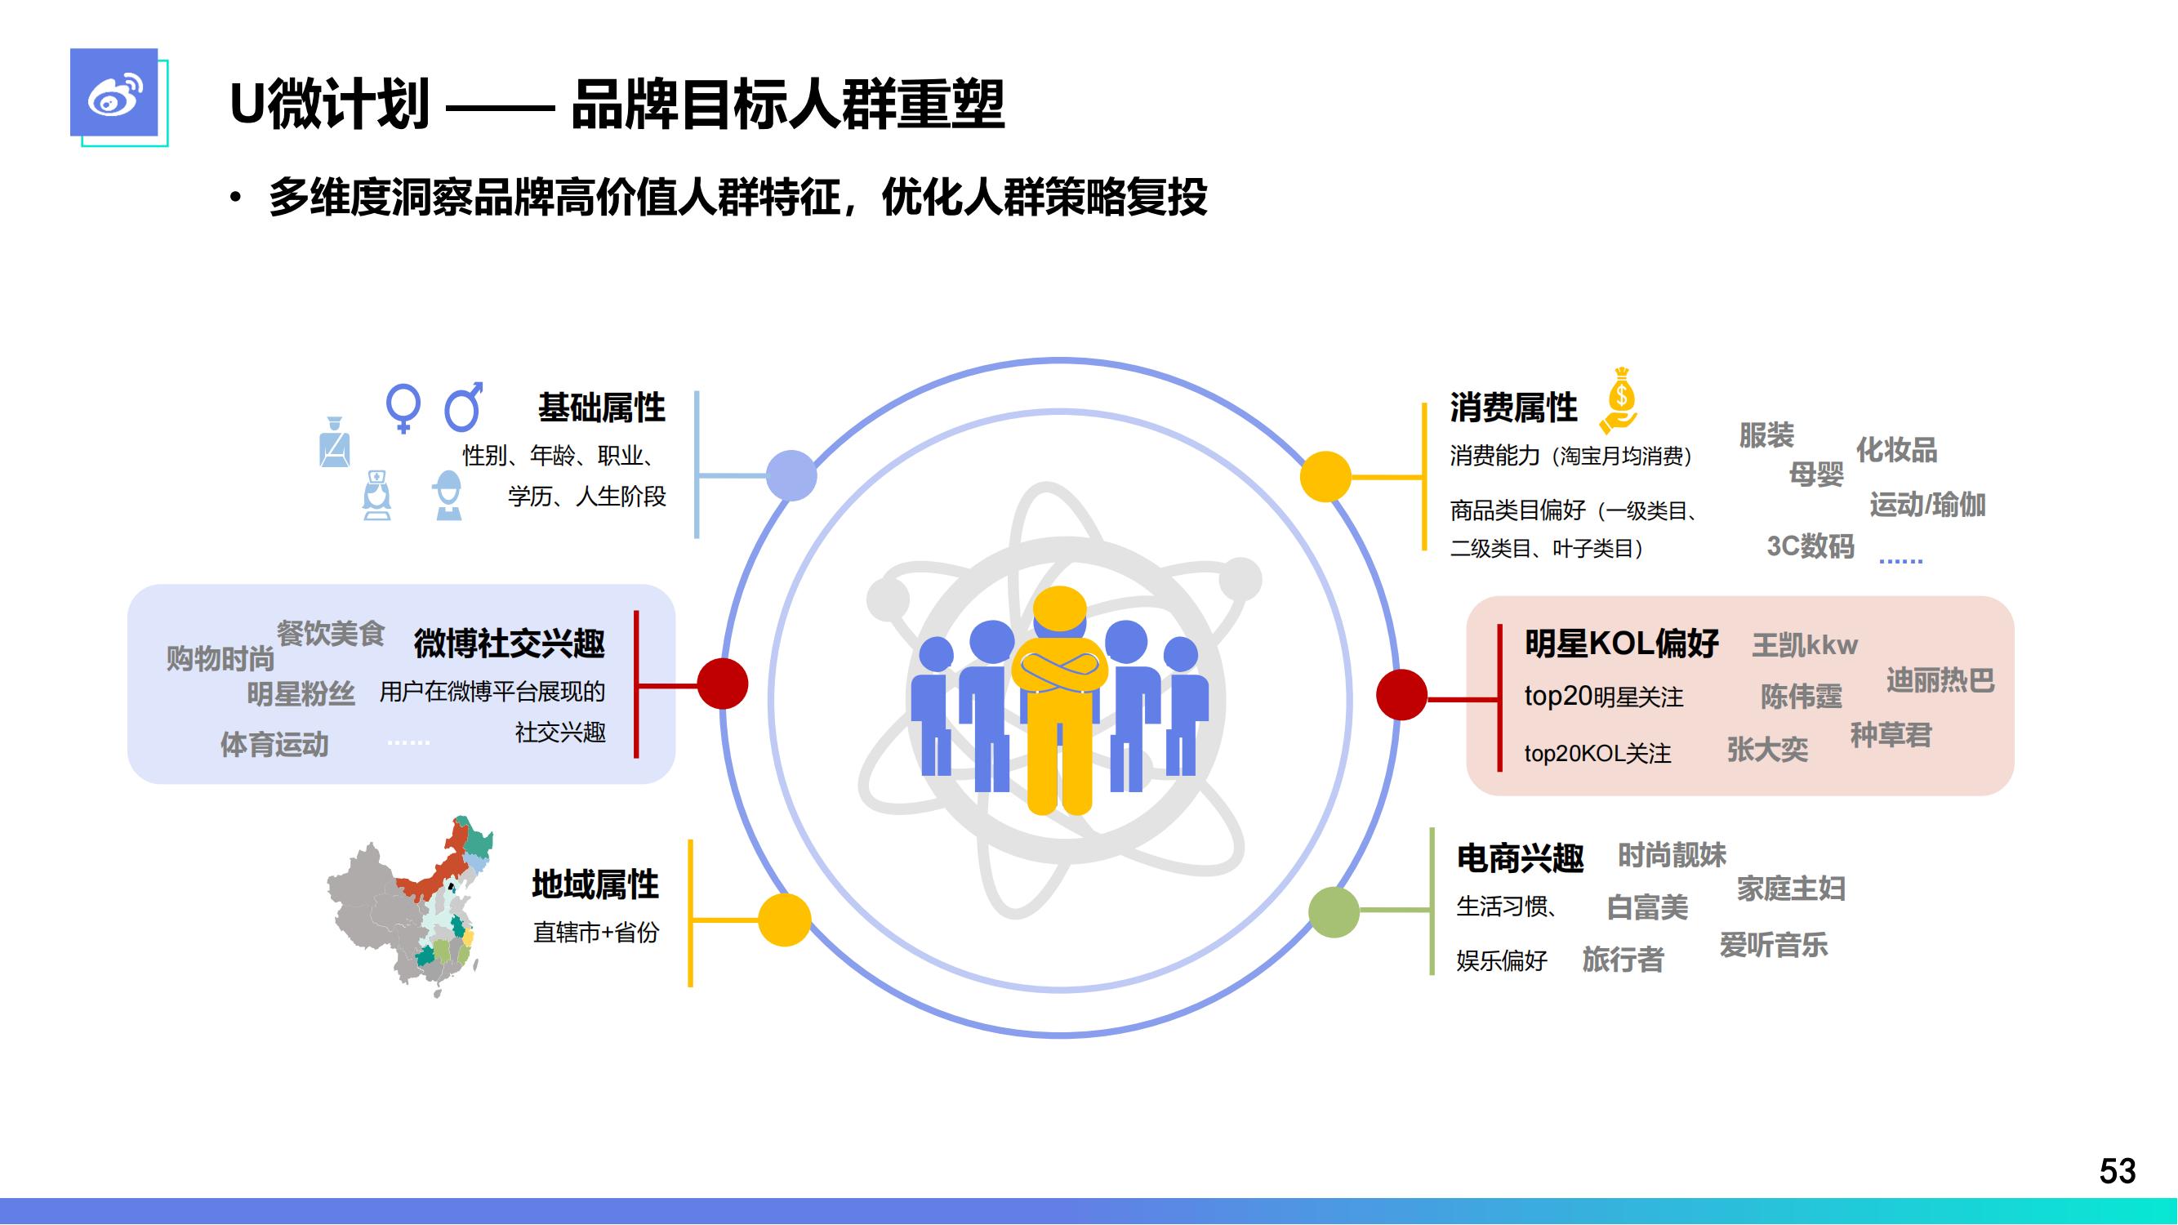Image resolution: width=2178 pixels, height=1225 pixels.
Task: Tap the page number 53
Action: (x=2117, y=1171)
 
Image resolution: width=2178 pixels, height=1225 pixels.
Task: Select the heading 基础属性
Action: (x=601, y=408)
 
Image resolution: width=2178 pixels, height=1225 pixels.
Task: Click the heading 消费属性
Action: (x=1512, y=408)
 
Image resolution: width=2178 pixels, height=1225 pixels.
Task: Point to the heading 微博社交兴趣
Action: (x=509, y=644)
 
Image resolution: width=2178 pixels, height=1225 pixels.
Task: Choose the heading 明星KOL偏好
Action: (x=1621, y=644)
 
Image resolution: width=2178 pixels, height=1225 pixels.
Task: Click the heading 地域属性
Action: (x=595, y=884)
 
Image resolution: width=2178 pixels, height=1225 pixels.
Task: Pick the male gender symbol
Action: (x=464, y=407)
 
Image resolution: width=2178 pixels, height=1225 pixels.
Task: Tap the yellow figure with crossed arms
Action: (x=1059, y=700)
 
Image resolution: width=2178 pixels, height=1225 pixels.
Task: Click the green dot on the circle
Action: (x=1334, y=911)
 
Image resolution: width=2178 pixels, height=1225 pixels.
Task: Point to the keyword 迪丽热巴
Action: (x=1940, y=679)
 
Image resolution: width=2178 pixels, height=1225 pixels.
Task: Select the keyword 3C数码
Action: (x=1811, y=546)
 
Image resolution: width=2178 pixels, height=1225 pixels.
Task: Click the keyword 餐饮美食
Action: (x=331, y=632)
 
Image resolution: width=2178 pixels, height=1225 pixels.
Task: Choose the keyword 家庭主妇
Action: (x=1791, y=889)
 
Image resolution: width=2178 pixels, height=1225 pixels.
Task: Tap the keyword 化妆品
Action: (x=1896, y=450)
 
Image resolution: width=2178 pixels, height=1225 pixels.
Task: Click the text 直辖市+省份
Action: (x=595, y=932)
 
